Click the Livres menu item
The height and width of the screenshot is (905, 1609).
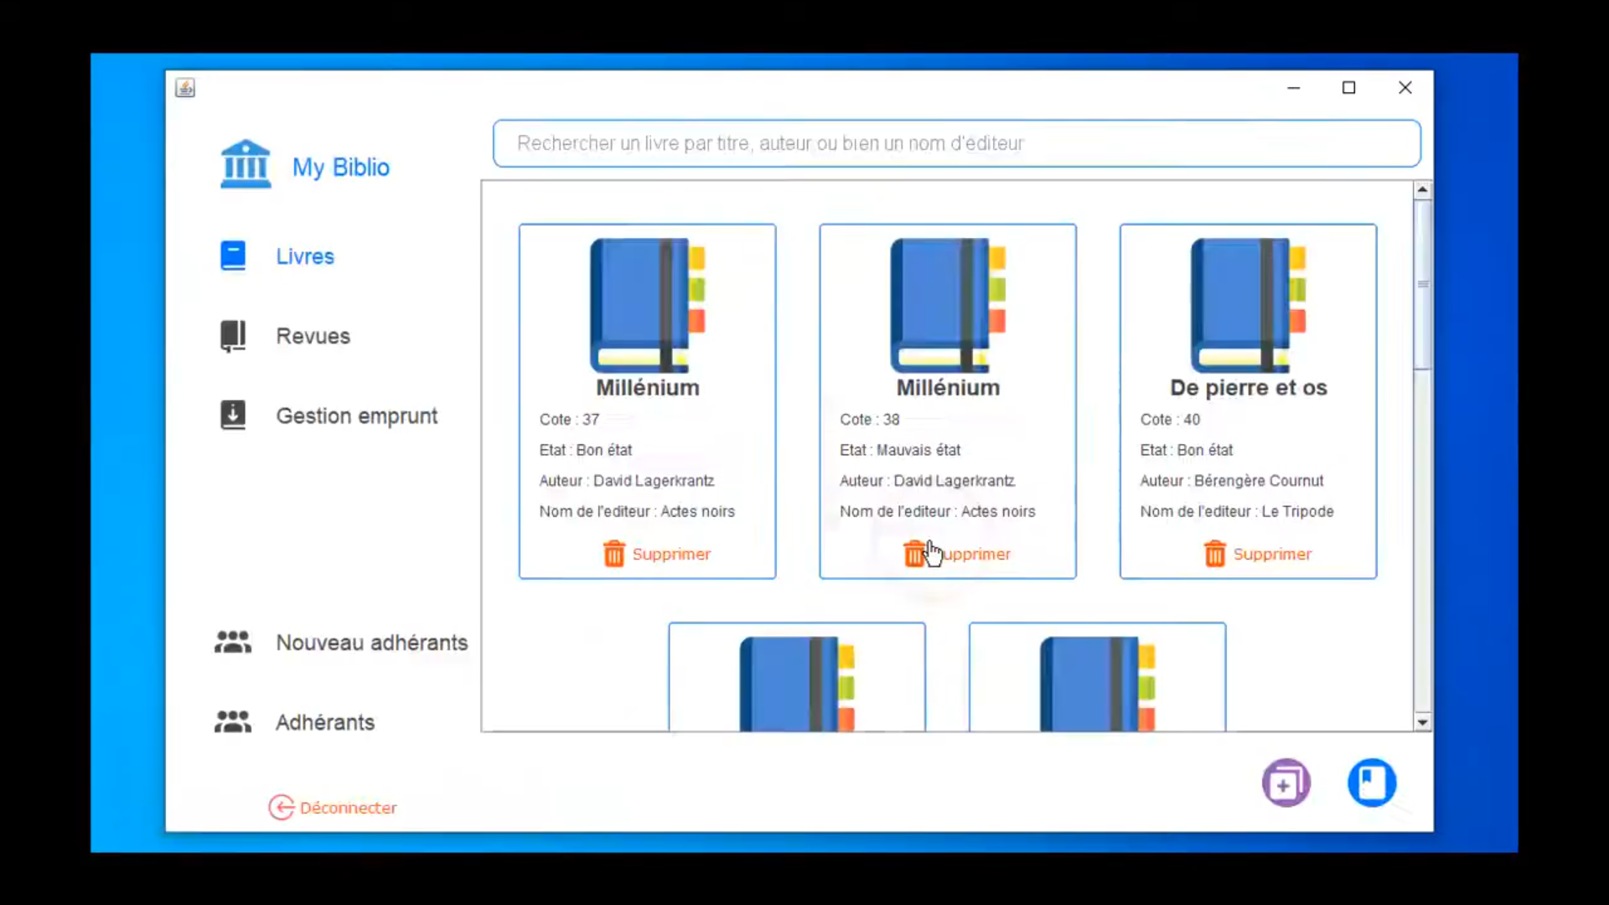[277, 256]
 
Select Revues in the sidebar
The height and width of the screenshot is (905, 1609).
[285, 336]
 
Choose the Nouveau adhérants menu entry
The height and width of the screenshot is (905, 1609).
[341, 643]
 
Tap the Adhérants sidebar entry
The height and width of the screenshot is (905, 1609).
[294, 722]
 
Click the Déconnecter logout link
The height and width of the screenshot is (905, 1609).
[333, 807]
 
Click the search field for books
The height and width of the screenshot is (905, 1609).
[956, 143]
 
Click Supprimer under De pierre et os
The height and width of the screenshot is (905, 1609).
[1257, 554]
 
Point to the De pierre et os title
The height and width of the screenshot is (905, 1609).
[1248, 387]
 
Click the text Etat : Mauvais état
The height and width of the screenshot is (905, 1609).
[900, 450]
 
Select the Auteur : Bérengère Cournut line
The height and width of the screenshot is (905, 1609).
[1231, 481]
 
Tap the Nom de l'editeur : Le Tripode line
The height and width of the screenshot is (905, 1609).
[1236, 511]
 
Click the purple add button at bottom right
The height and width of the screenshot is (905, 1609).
[1286, 783]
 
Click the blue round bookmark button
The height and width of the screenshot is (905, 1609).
[1372, 783]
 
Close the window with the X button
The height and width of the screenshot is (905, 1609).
[1405, 87]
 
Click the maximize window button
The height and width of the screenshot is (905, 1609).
[1348, 87]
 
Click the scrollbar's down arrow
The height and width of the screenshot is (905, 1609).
[1422, 721]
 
